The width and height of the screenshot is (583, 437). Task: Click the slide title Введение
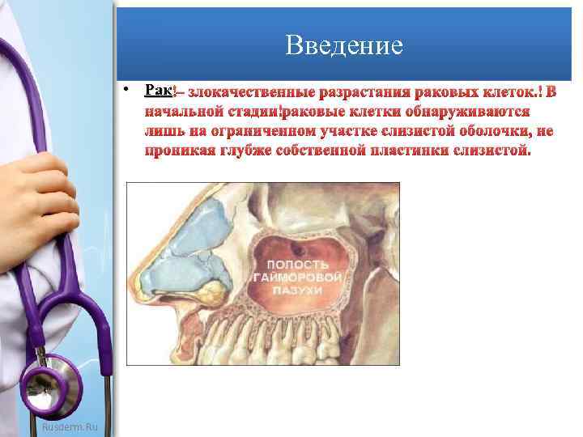344,45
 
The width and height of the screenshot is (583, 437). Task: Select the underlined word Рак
156,89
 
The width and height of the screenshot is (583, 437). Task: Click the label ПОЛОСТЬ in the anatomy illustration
297,265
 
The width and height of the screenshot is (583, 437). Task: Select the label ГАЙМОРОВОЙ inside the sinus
298,278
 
